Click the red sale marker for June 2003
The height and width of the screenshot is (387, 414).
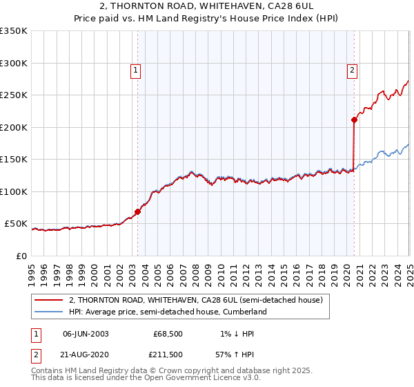click(137, 211)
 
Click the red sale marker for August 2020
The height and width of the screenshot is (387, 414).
click(354, 120)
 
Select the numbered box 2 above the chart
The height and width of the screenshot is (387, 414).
click(352, 69)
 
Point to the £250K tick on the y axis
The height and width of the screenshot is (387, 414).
click(15, 95)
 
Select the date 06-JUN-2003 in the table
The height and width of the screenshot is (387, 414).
click(86, 334)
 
